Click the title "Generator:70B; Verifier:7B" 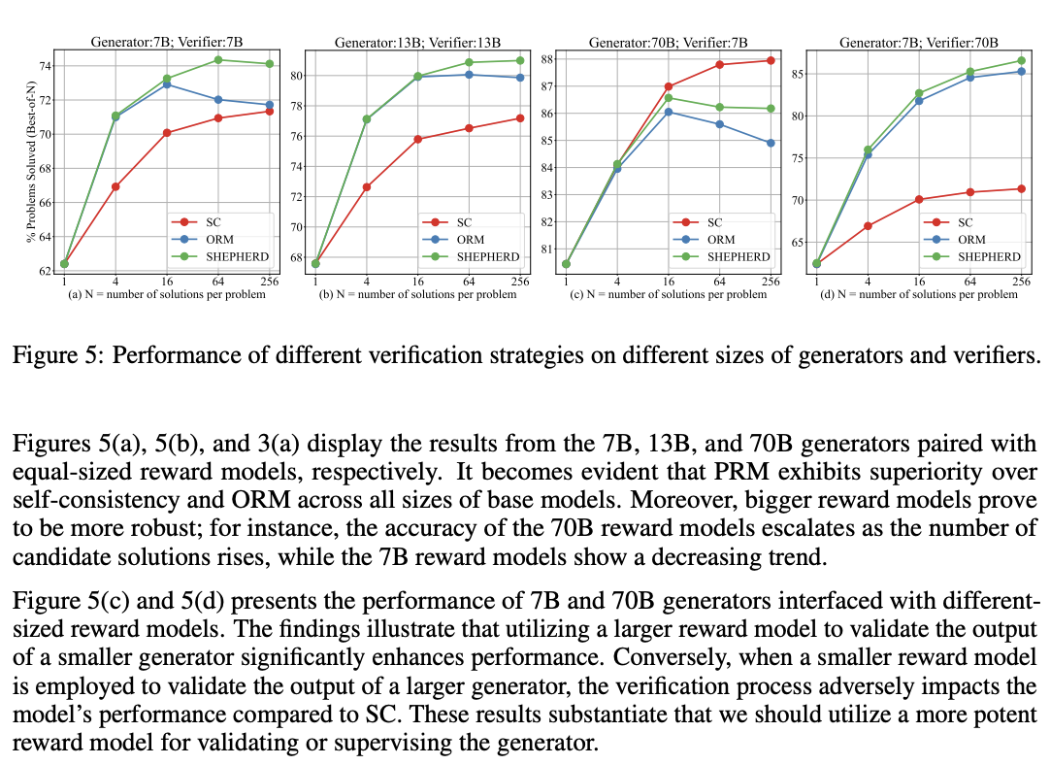[x=668, y=42]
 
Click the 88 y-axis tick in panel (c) [x=546, y=59]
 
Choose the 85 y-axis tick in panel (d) [x=797, y=75]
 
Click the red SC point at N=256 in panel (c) [x=771, y=60]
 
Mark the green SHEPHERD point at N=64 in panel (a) [x=218, y=60]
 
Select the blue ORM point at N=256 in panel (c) [x=771, y=143]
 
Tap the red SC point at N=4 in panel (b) [x=366, y=186]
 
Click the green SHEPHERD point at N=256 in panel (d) [x=1021, y=60]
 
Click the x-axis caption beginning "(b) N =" [x=417, y=294]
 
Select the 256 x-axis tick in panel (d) [x=1021, y=282]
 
